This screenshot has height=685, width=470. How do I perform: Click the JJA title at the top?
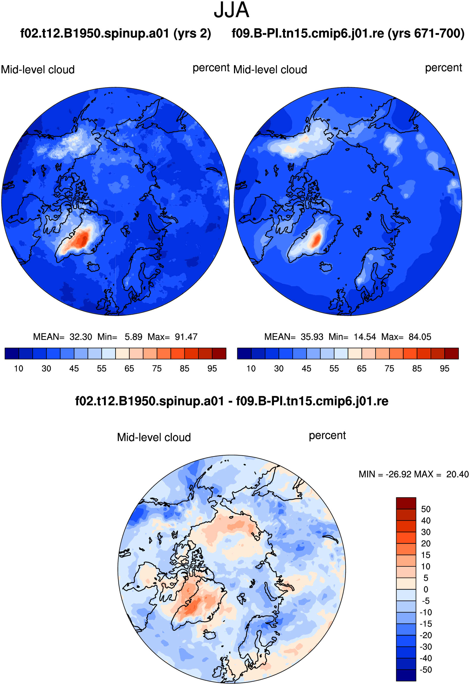pos(231,10)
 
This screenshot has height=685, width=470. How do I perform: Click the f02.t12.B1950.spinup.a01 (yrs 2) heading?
pos(115,34)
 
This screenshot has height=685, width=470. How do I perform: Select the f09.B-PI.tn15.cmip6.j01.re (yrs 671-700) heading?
pos(348,34)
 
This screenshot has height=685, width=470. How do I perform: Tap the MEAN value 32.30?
pos(81,337)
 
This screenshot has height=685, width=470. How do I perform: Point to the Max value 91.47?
pos(186,337)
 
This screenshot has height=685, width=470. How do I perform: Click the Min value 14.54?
pos(365,337)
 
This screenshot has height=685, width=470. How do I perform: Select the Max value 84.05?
pos(420,337)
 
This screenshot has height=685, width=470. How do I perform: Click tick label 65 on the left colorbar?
pos(129,368)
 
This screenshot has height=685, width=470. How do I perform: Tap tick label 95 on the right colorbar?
pos(444,368)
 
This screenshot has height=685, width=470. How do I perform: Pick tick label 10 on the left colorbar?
pos(19,368)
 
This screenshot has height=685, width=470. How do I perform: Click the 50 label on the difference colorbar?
pos(426,509)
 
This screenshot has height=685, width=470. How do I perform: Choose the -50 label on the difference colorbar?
pos(426,670)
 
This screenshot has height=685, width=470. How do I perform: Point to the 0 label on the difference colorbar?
pos(426,590)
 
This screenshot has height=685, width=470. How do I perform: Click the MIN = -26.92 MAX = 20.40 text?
pos(414,474)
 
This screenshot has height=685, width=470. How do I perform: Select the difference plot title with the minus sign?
pos(232,401)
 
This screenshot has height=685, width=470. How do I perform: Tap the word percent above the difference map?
pos(327,435)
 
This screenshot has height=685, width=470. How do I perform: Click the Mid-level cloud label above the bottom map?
pos(154,437)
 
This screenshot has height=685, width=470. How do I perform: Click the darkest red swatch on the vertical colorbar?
pos(406,503)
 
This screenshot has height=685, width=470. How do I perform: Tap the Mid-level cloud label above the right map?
pos(270,69)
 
